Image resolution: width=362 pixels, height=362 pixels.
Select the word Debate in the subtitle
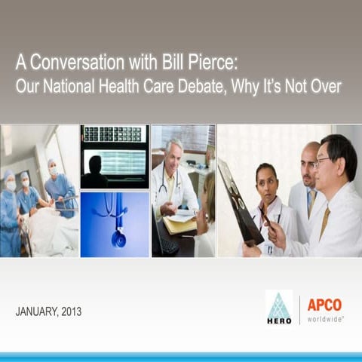pyautogui.click(x=199, y=87)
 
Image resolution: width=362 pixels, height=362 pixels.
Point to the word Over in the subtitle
pyautogui.click(x=326, y=87)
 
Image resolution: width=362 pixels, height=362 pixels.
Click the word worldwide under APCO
pyautogui.click(x=325, y=319)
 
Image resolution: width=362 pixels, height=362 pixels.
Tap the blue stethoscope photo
pyautogui.click(x=115, y=224)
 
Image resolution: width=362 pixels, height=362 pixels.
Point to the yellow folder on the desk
pyautogui.click(x=181, y=224)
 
